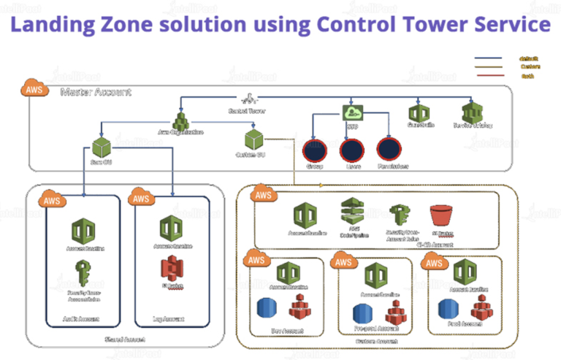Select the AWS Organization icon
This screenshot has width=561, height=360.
pyautogui.click(x=180, y=117)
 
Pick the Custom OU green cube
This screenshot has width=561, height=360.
pyautogui.click(x=252, y=137)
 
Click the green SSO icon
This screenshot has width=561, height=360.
pyautogui.click(x=353, y=113)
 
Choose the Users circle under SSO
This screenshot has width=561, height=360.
pyautogui.click(x=352, y=149)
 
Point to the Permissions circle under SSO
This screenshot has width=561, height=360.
pyautogui.click(x=390, y=149)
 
